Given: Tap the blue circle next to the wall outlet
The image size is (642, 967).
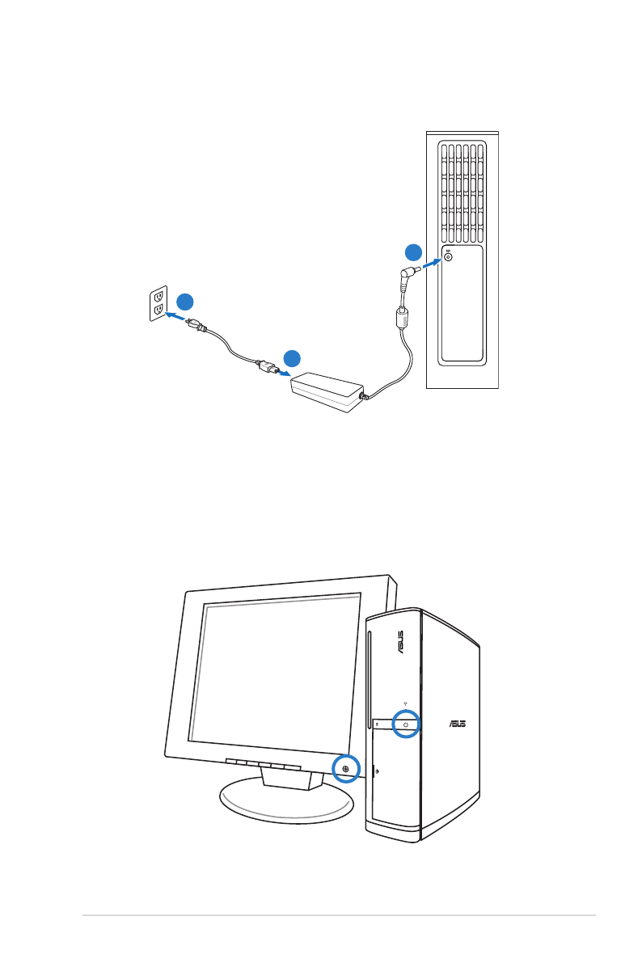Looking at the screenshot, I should pyautogui.click(x=185, y=302).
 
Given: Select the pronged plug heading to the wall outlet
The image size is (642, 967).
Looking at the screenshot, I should pyautogui.click(x=196, y=326).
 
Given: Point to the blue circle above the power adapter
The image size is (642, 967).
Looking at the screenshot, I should pyautogui.click(x=292, y=357).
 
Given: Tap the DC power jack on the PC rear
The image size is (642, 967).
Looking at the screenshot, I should pyautogui.click(x=449, y=258).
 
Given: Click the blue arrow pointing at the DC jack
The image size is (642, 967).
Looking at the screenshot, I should pyautogui.click(x=433, y=263).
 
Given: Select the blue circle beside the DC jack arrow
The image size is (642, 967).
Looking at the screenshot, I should pyautogui.click(x=413, y=251).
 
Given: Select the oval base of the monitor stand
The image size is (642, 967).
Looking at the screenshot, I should pyautogui.click(x=287, y=800).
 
